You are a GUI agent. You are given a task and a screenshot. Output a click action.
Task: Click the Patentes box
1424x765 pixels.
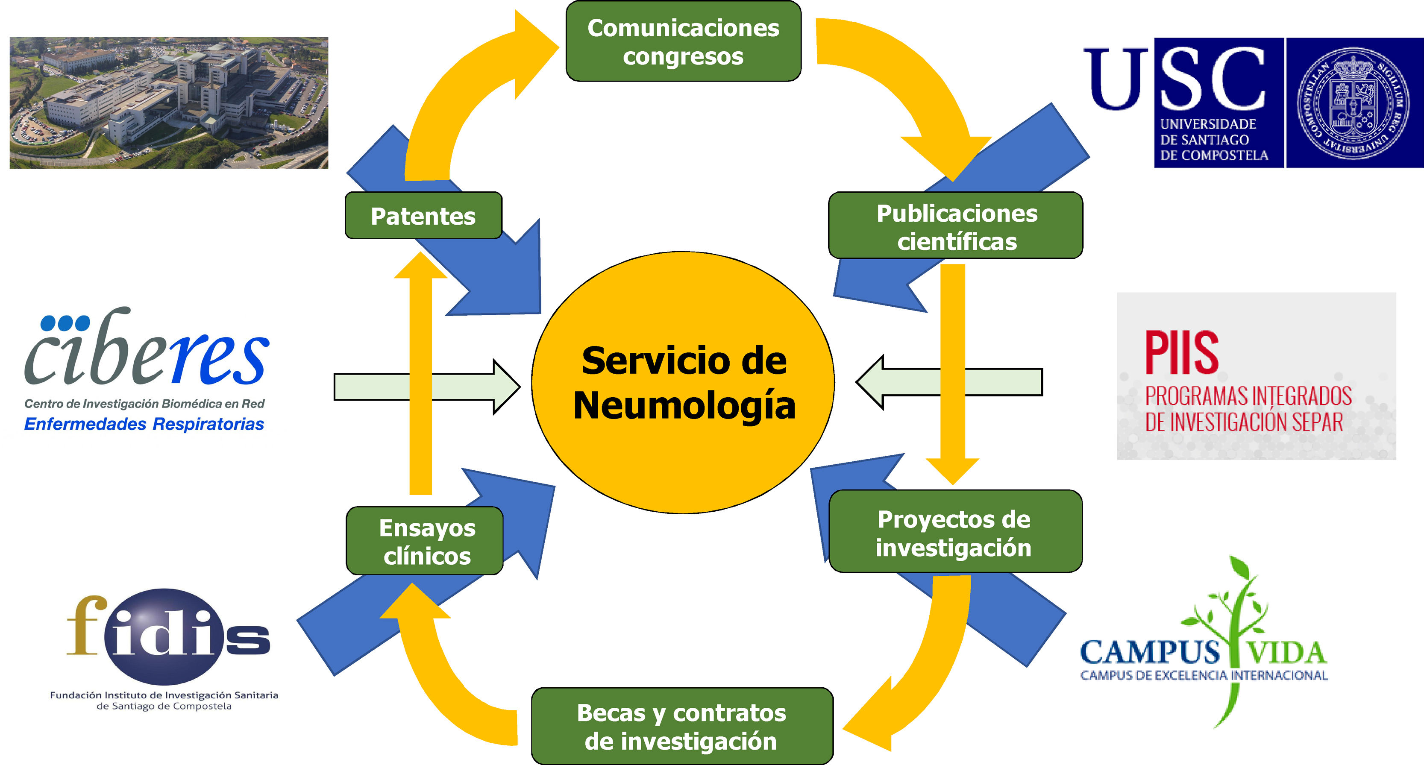coord(423,216)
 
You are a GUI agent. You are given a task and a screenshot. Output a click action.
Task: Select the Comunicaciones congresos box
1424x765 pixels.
coord(683,41)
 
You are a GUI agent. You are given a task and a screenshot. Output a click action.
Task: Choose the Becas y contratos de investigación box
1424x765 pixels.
coord(681,726)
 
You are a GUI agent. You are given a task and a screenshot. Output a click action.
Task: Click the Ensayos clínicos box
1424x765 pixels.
coord(426,541)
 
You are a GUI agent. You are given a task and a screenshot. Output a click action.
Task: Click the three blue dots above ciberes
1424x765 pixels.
coord(65,323)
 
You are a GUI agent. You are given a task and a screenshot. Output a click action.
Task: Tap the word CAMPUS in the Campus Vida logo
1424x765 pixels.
coord(1149,652)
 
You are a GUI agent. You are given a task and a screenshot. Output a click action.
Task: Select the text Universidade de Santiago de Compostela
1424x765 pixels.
coord(1213,140)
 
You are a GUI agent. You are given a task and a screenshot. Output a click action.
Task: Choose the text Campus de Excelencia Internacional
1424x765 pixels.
coord(1204,675)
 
